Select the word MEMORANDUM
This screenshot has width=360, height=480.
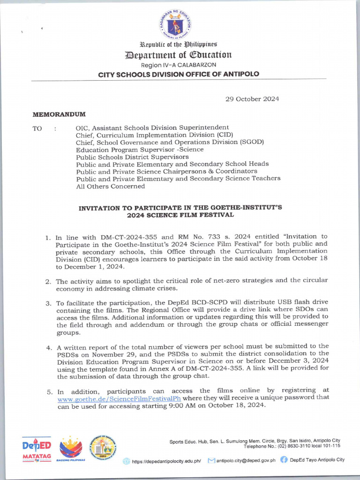point(59,114)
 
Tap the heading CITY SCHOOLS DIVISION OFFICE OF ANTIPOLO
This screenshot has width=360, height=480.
point(178,74)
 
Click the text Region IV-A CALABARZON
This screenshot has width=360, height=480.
point(178,65)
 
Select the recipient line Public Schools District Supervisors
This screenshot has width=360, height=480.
point(132,157)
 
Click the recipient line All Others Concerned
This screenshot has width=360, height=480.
point(110,186)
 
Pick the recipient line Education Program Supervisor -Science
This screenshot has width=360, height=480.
point(140,150)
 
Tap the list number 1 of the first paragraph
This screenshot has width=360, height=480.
point(48,237)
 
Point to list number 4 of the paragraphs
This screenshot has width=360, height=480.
point(48,348)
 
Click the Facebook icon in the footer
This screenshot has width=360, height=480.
point(284,460)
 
